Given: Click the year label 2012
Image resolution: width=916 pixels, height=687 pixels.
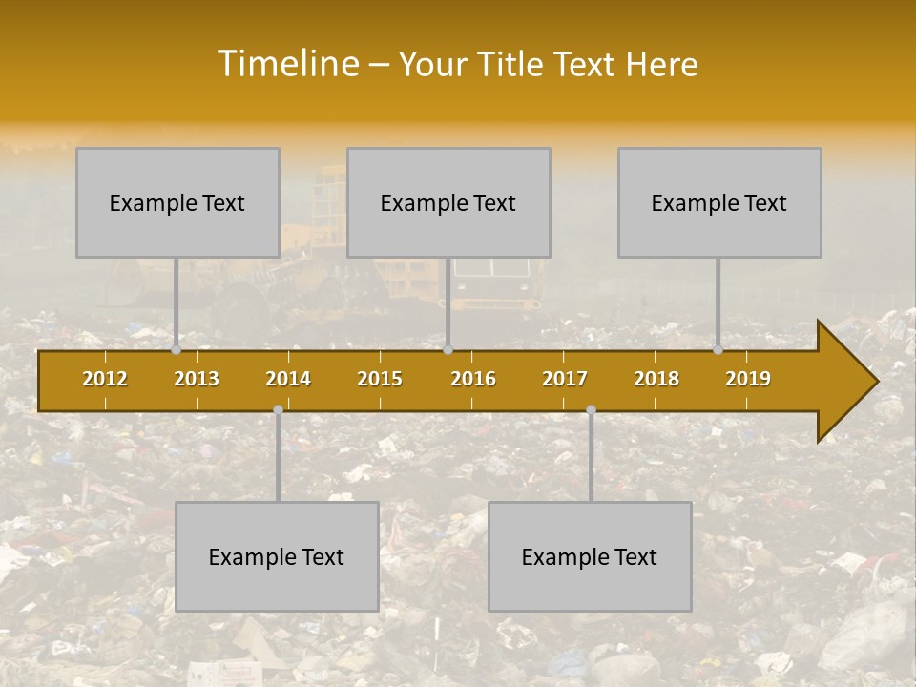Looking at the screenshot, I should (x=105, y=379).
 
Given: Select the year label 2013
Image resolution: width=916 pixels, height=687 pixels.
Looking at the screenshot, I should (x=197, y=379).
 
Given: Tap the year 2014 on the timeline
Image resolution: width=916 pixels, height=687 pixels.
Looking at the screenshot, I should (x=288, y=379).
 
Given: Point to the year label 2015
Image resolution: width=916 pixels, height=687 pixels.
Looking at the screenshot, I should (x=380, y=379).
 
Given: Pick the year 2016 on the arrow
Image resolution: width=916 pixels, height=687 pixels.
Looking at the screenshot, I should (x=473, y=379).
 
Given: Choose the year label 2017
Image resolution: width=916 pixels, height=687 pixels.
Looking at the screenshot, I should (x=565, y=379).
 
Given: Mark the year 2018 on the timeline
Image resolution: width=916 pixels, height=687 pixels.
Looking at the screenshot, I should (x=656, y=379).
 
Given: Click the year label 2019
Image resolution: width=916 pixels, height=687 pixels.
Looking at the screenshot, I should (x=748, y=379).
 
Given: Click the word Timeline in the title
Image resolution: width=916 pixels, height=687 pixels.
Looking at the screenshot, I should (x=287, y=64).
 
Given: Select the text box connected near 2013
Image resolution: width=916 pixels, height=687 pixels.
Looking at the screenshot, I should (x=177, y=202).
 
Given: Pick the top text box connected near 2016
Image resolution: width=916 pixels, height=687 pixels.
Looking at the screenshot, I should (x=448, y=202).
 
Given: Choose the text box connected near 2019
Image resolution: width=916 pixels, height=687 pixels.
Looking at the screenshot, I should (x=719, y=202).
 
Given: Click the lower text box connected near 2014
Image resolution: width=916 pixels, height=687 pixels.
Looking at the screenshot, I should (x=277, y=556).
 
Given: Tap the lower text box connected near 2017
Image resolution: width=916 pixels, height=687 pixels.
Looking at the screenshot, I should (x=590, y=556).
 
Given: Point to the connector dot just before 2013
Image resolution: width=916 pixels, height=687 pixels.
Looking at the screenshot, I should (x=177, y=350).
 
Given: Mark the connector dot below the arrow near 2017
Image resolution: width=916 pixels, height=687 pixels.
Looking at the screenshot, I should (x=591, y=410).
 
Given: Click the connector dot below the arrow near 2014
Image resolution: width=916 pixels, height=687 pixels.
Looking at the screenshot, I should (x=278, y=410).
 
